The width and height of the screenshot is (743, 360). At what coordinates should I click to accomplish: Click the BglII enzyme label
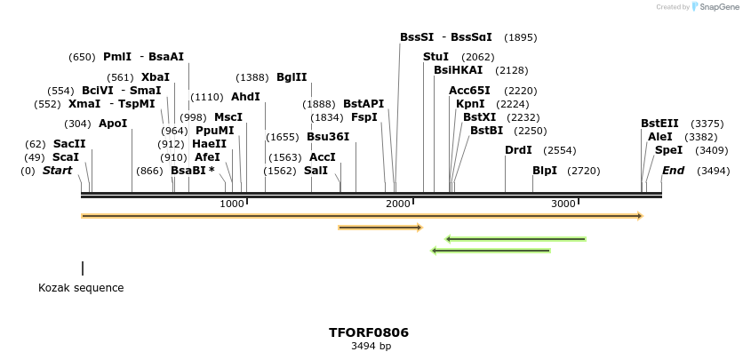point(292,77)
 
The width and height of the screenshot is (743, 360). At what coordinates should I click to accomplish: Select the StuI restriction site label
point(435,57)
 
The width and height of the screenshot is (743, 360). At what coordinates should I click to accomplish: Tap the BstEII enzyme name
point(659,124)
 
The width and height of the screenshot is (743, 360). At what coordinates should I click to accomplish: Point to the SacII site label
point(69,143)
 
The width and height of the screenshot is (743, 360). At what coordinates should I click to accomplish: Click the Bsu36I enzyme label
point(328,137)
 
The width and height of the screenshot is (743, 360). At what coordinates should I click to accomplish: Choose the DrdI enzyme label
point(518,150)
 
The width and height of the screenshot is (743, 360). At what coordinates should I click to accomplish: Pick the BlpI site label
point(545,170)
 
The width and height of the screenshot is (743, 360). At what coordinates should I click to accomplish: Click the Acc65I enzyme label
point(469,91)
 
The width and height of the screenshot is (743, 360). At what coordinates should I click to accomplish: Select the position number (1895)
point(520,37)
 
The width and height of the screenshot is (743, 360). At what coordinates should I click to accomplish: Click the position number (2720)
point(583,171)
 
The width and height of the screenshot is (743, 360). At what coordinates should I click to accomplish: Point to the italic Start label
point(57,170)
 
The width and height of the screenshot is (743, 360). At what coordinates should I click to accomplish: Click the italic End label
point(673,170)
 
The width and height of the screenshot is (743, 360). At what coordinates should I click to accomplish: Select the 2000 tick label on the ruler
point(398,204)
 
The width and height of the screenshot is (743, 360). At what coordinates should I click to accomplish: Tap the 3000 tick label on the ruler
point(563,204)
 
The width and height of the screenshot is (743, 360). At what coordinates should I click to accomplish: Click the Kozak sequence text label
point(81,288)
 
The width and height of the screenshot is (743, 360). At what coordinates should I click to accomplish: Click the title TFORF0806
point(369,332)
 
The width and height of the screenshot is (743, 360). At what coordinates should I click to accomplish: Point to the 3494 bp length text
point(371,347)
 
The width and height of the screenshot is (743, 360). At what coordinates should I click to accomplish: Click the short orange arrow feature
point(379,228)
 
